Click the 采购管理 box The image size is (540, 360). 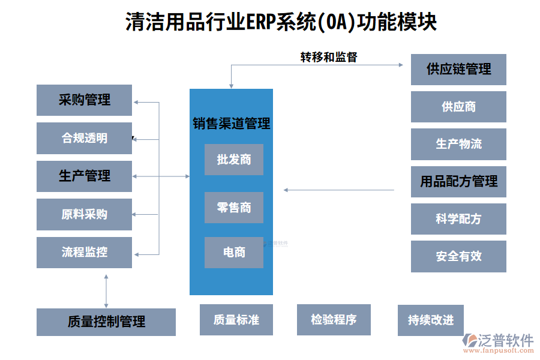[84, 100]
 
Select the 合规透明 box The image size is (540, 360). [84, 138]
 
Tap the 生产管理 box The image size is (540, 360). [84, 176]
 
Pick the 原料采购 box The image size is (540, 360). [84, 214]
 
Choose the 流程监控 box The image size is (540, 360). [84, 252]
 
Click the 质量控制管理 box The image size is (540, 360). [106, 322]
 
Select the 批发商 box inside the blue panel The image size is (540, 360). [233, 160]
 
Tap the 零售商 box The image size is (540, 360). [233, 208]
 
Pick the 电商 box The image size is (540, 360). [233, 253]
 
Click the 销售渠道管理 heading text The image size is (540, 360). [231, 124]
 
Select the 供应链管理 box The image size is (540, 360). [458, 70]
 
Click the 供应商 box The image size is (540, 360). [458, 107]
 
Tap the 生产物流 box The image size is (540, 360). [458, 144]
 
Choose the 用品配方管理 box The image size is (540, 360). [458, 181]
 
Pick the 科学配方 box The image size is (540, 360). [458, 219]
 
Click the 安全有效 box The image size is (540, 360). [458, 256]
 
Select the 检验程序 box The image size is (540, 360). [334, 319]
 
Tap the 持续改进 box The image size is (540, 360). [431, 320]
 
